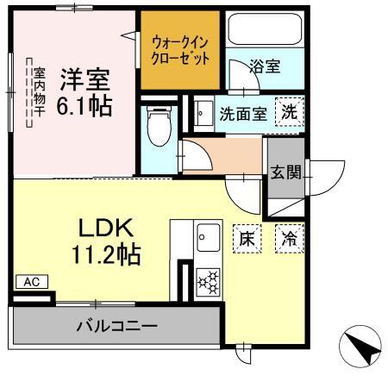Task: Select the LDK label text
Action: pyautogui.click(x=105, y=228)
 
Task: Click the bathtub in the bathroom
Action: pyautogui.click(x=264, y=33)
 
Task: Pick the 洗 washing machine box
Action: pyautogui.click(x=289, y=111)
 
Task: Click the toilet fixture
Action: pyautogui.click(x=159, y=126)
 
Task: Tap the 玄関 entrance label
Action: pyautogui.click(x=285, y=172)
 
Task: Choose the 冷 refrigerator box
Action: pyautogui.click(x=289, y=238)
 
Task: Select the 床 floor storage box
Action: pyautogui.click(x=246, y=238)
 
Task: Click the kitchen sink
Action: pyautogui.click(x=208, y=235)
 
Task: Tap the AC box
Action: pyautogui.click(x=31, y=282)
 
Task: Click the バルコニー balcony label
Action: pyautogui.click(x=116, y=326)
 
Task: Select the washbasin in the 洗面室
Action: pyautogui.click(x=203, y=113)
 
